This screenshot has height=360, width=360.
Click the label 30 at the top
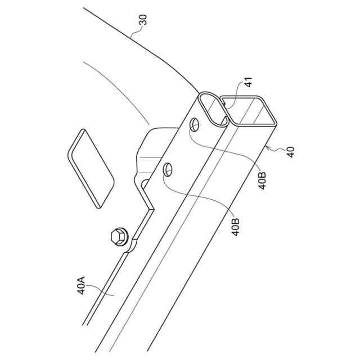click(x=142, y=22)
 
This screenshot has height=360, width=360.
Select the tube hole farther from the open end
click(x=168, y=169)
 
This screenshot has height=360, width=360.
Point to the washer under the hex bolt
click(x=123, y=240)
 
